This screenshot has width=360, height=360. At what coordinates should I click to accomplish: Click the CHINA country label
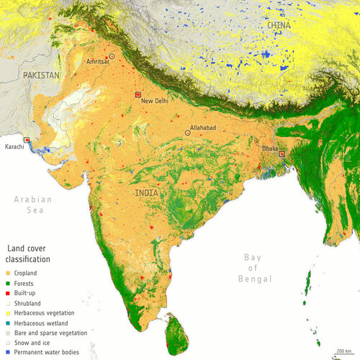[279, 25]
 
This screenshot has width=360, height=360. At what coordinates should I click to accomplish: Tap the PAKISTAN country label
[42, 75]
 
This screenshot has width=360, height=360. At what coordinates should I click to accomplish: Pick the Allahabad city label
[202, 127]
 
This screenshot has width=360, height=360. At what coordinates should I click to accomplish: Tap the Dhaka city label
[271, 148]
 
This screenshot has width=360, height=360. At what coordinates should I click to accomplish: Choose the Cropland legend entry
[24, 274]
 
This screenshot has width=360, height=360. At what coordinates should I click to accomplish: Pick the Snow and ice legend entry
[30, 343]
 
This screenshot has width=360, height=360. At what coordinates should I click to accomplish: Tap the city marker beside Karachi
[27, 139]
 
